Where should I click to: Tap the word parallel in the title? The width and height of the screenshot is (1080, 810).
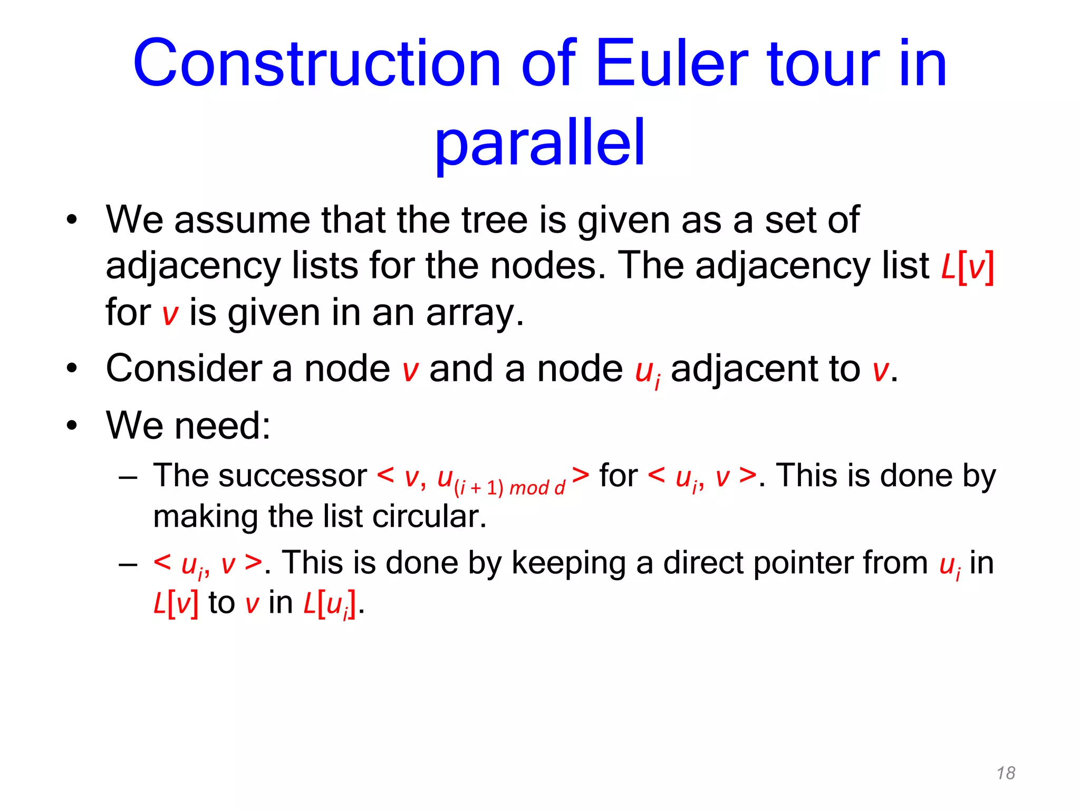(x=539, y=142)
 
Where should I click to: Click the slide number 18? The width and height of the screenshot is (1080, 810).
(x=1006, y=773)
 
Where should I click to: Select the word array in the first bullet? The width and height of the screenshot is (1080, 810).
(x=474, y=313)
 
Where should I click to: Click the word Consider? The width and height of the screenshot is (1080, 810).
(x=184, y=368)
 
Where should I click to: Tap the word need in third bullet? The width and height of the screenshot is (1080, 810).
(x=222, y=425)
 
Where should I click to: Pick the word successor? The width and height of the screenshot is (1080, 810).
(x=292, y=476)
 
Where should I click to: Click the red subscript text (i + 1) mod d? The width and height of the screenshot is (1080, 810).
(x=509, y=488)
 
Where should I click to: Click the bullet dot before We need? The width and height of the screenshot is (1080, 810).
(x=72, y=425)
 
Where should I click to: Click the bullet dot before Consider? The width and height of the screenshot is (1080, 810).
(x=72, y=368)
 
